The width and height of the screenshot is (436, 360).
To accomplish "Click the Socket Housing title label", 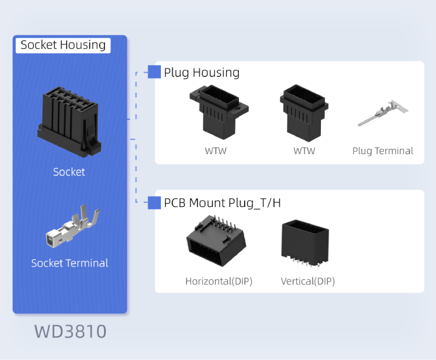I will (63, 45).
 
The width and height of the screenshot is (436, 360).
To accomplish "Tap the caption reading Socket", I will (69, 172).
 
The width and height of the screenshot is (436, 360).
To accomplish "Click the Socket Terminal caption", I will (69, 263).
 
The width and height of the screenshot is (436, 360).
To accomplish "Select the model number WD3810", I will (70, 332).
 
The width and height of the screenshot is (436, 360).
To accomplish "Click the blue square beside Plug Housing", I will (154, 72).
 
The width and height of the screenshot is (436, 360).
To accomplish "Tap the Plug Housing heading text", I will (201, 72).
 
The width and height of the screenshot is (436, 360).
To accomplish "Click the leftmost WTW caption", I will (215, 151).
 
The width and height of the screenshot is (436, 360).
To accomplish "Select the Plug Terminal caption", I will (383, 151).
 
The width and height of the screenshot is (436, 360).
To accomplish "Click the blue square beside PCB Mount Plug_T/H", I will (154, 202).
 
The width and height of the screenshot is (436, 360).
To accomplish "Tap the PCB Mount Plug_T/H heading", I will (222, 202).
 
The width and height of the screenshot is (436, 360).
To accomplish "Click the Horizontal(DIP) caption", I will (219, 281).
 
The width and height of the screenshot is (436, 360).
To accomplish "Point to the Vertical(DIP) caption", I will (308, 281).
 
